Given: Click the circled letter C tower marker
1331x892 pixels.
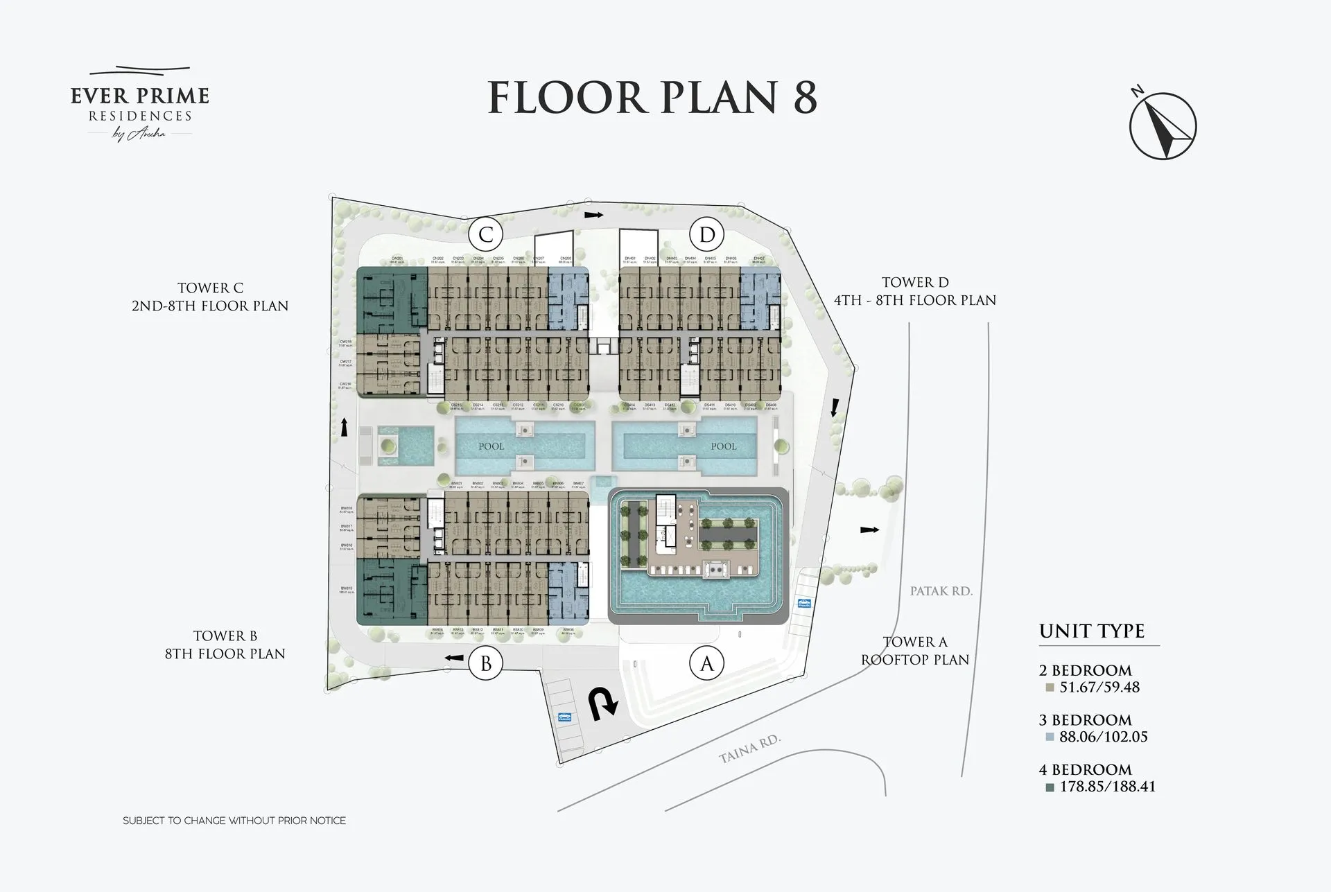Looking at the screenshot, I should [485, 235].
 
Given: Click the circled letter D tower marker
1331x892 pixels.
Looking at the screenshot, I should [706, 235].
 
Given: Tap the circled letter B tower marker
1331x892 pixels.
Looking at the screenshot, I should [485, 664].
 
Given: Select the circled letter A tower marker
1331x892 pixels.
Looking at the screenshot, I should [706, 664].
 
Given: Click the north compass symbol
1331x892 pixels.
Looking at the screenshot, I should [1163, 125].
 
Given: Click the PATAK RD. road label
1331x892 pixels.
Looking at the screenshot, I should [941, 591].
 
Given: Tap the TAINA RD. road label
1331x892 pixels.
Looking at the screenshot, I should [749, 750].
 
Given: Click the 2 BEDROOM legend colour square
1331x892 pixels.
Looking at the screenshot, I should [1050, 688].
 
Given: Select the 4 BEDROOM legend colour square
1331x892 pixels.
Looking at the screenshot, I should [1050, 787].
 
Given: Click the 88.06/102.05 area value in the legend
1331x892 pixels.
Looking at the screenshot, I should [1104, 737].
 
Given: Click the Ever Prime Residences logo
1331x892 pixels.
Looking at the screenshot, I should [139, 104].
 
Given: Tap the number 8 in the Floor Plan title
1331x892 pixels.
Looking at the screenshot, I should [804, 98].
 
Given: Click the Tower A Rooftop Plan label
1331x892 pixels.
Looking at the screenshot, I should [915, 651].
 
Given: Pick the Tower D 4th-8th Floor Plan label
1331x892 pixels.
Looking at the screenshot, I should [915, 291].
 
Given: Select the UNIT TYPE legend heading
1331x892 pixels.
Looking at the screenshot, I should [1091, 631].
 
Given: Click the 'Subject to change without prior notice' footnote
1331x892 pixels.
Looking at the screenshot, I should [234, 821].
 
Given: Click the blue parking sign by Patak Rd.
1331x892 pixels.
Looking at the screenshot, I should [804, 603].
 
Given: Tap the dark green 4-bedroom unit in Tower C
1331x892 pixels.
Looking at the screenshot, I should [391, 301].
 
